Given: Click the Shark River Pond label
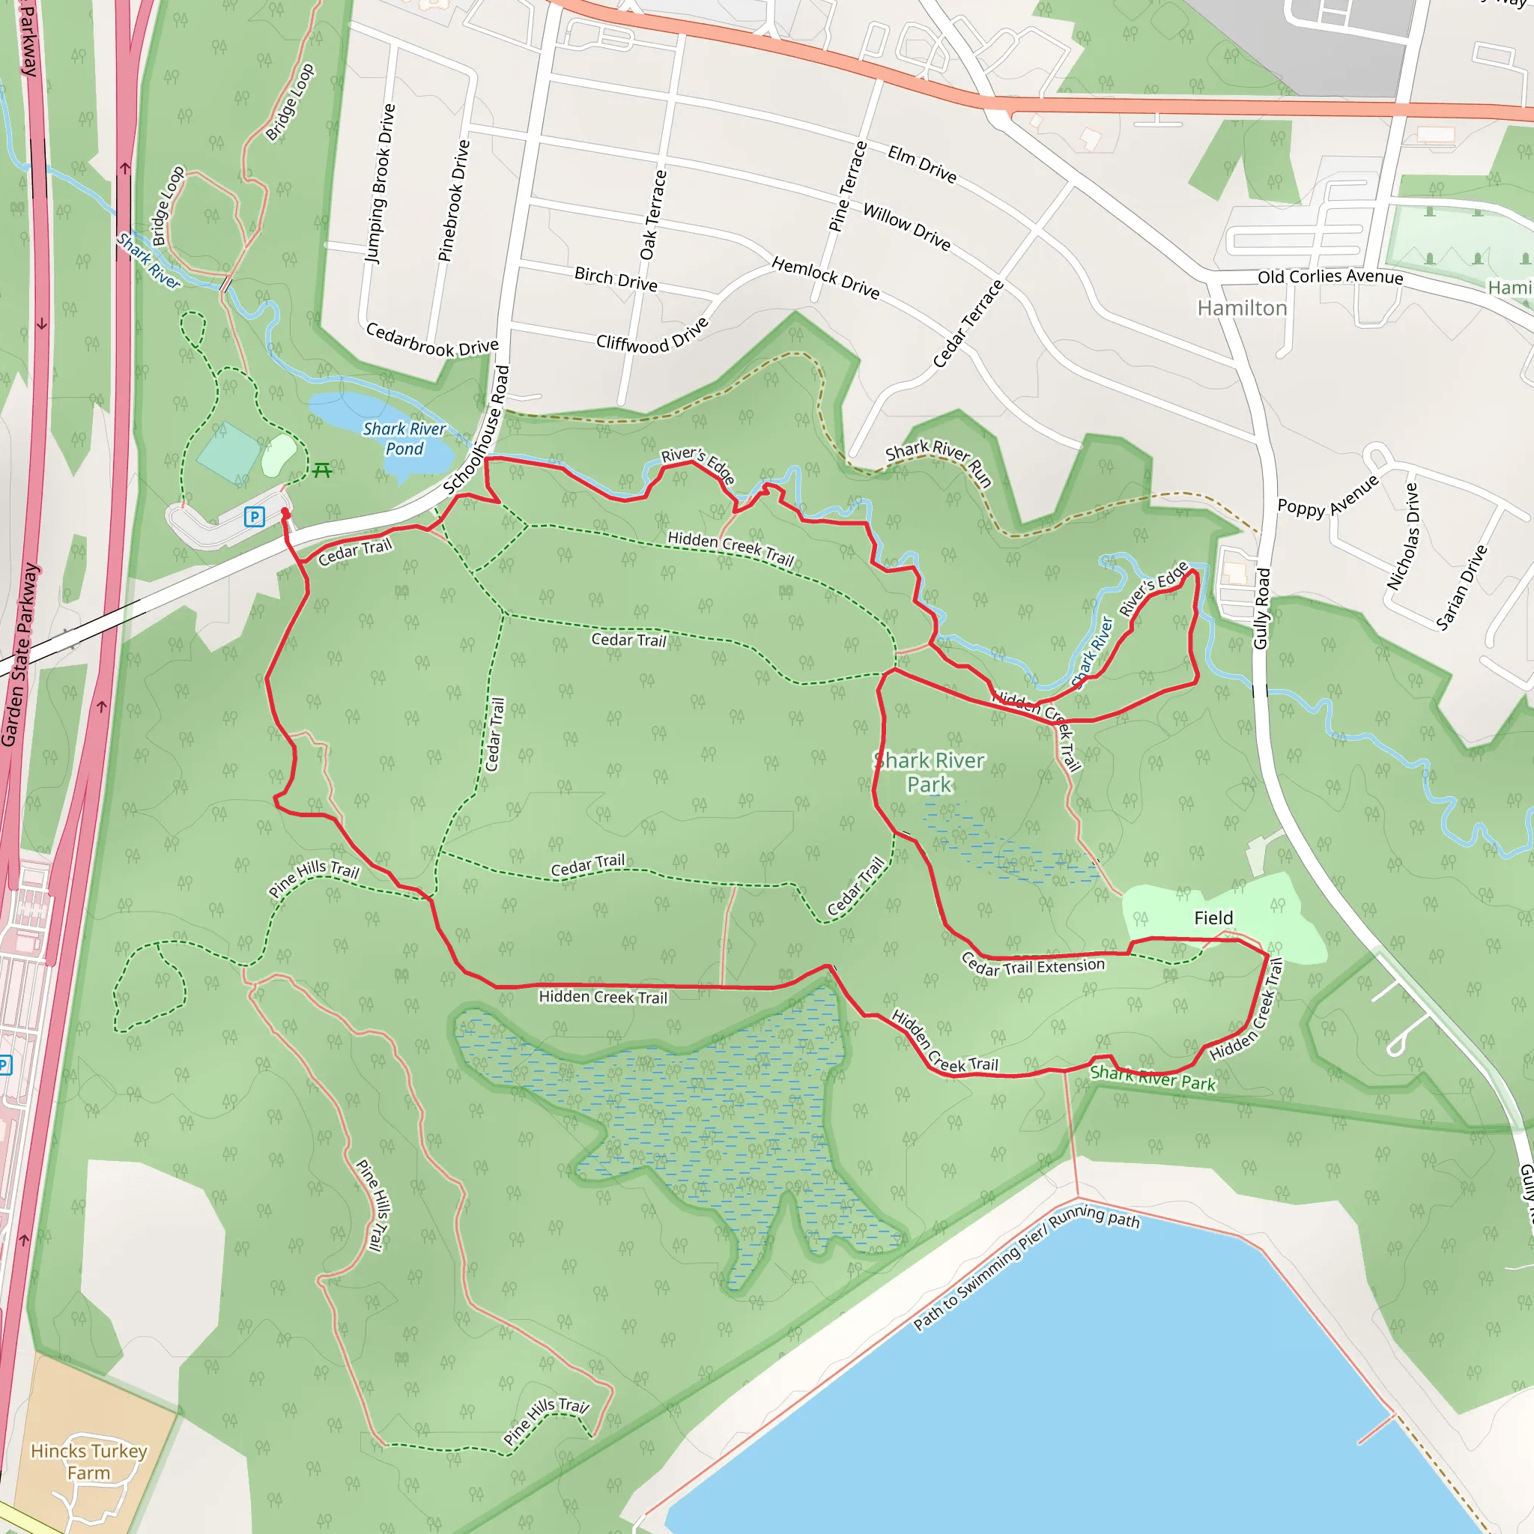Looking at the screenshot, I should pos(404,438).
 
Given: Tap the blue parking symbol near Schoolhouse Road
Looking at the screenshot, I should pos(254,517).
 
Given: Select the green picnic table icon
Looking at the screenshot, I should pos(321,470).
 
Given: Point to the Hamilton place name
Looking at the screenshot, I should pos(1242,308).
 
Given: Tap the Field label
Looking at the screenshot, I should pos(1213,918).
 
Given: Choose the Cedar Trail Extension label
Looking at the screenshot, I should pos(1032,966).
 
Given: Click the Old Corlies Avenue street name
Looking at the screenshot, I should pos(1330,276).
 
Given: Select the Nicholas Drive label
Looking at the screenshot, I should pos(1402,536).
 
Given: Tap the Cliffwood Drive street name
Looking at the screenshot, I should pos(652,335).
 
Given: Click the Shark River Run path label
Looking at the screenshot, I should pos(939,461).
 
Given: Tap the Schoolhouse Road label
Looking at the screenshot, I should pos(476,429).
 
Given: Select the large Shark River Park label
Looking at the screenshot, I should pos(929,772).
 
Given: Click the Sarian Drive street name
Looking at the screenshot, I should pos(1461,587).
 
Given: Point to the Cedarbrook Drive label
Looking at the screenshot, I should pos(432,339).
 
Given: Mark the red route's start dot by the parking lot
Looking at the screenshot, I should pos(285,513).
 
